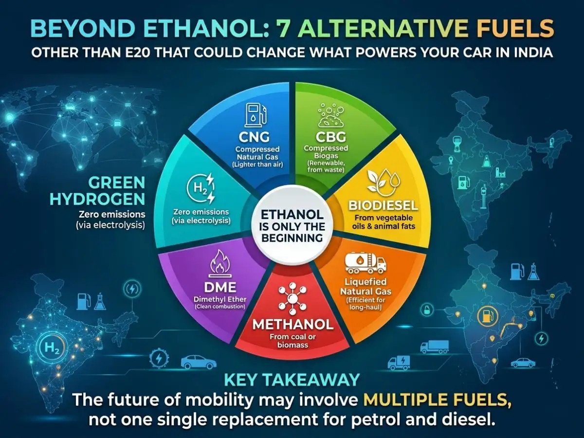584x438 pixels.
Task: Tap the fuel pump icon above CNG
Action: click(x=255, y=115)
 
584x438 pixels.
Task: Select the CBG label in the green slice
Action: click(x=331, y=137)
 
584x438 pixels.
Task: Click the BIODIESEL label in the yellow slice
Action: click(x=383, y=205)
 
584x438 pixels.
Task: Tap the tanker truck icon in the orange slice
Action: click(x=365, y=264)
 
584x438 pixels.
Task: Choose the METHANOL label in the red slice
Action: click(x=292, y=325)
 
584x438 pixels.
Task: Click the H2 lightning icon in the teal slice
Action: click(x=201, y=188)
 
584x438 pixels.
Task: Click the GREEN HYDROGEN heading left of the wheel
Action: click(x=98, y=191)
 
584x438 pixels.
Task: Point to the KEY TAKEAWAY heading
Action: click(x=292, y=380)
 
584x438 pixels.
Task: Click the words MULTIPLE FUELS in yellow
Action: click(x=437, y=400)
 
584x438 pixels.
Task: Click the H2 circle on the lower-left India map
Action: click(x=52, y=347)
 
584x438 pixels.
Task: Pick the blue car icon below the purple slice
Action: click(x=199, y=362)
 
